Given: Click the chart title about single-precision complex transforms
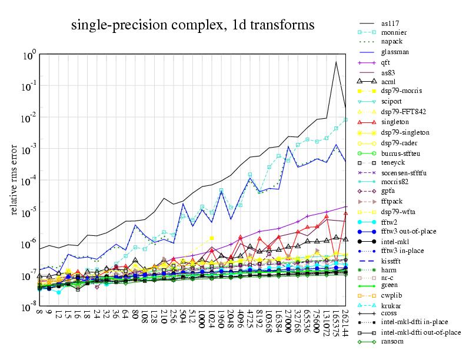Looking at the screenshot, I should tap(192, 25).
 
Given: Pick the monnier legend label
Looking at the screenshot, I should tap(393, 32).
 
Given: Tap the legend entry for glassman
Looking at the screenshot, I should tap(394, 52).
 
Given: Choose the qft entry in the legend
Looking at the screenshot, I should tap(386, 62).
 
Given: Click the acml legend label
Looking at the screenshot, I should tap(388, 81).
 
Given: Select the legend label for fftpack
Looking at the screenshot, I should tap(392, 201).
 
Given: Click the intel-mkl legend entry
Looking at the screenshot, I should tap(396, 241).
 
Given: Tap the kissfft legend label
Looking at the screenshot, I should tap(392, 260).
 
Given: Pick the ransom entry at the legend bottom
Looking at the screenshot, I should tap(392, 342).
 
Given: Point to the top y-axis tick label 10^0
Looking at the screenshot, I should tap(30, 55).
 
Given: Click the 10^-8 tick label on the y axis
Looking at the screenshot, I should tap(29, 308).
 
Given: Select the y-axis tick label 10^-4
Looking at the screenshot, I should tap(29, 182).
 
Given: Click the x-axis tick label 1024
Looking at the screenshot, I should tap(211, 321).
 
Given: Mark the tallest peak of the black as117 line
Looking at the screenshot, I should tap(336, 62).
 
